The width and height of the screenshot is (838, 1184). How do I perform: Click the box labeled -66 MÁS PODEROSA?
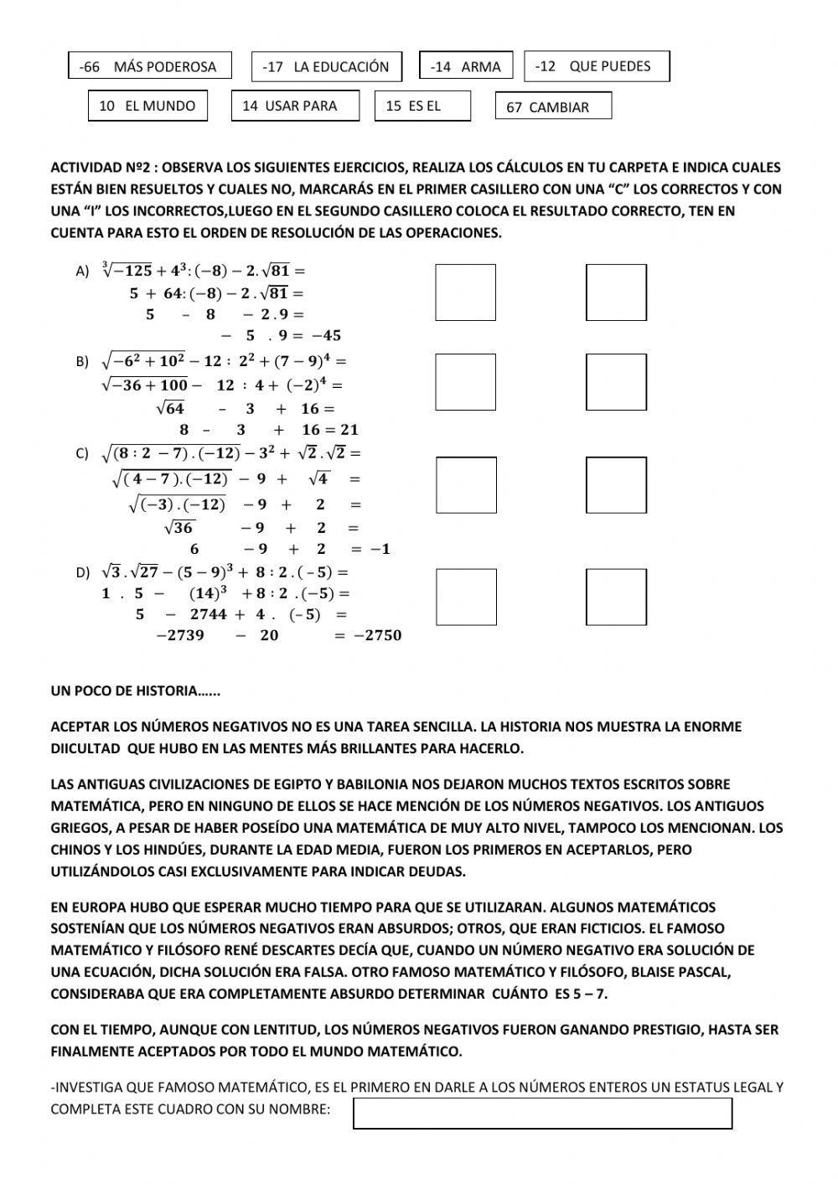tap(149, 66)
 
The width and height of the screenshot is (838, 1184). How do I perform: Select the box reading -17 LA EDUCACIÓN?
tap(326, 67)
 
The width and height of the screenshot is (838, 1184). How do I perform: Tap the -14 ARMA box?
tap(465, 66)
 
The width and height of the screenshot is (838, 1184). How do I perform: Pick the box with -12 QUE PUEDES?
tap(597, 66)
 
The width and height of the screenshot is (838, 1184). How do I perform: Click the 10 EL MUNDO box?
tap(147, 106)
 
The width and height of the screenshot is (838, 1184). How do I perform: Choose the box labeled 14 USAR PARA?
tap(295, 106)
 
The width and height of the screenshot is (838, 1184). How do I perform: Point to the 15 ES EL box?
tap(422, 106)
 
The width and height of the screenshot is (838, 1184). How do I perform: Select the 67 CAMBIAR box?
tap(553, 107)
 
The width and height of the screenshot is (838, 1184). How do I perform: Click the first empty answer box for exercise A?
tap(466, 292)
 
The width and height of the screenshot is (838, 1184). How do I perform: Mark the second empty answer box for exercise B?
tap(616, 382)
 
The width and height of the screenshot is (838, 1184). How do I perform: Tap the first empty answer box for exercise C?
tap(466, 485)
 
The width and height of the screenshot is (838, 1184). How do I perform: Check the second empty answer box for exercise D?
tap(616, 597)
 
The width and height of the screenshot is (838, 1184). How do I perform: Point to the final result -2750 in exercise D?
tap(377, 635)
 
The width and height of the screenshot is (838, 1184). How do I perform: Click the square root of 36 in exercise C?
tap(179, 528)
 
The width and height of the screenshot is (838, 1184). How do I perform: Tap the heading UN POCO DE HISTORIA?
tap(135, 691)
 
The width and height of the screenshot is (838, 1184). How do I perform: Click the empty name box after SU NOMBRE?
tap(542, 1114)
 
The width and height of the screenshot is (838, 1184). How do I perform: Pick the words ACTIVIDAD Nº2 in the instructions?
tap(101, 168)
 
